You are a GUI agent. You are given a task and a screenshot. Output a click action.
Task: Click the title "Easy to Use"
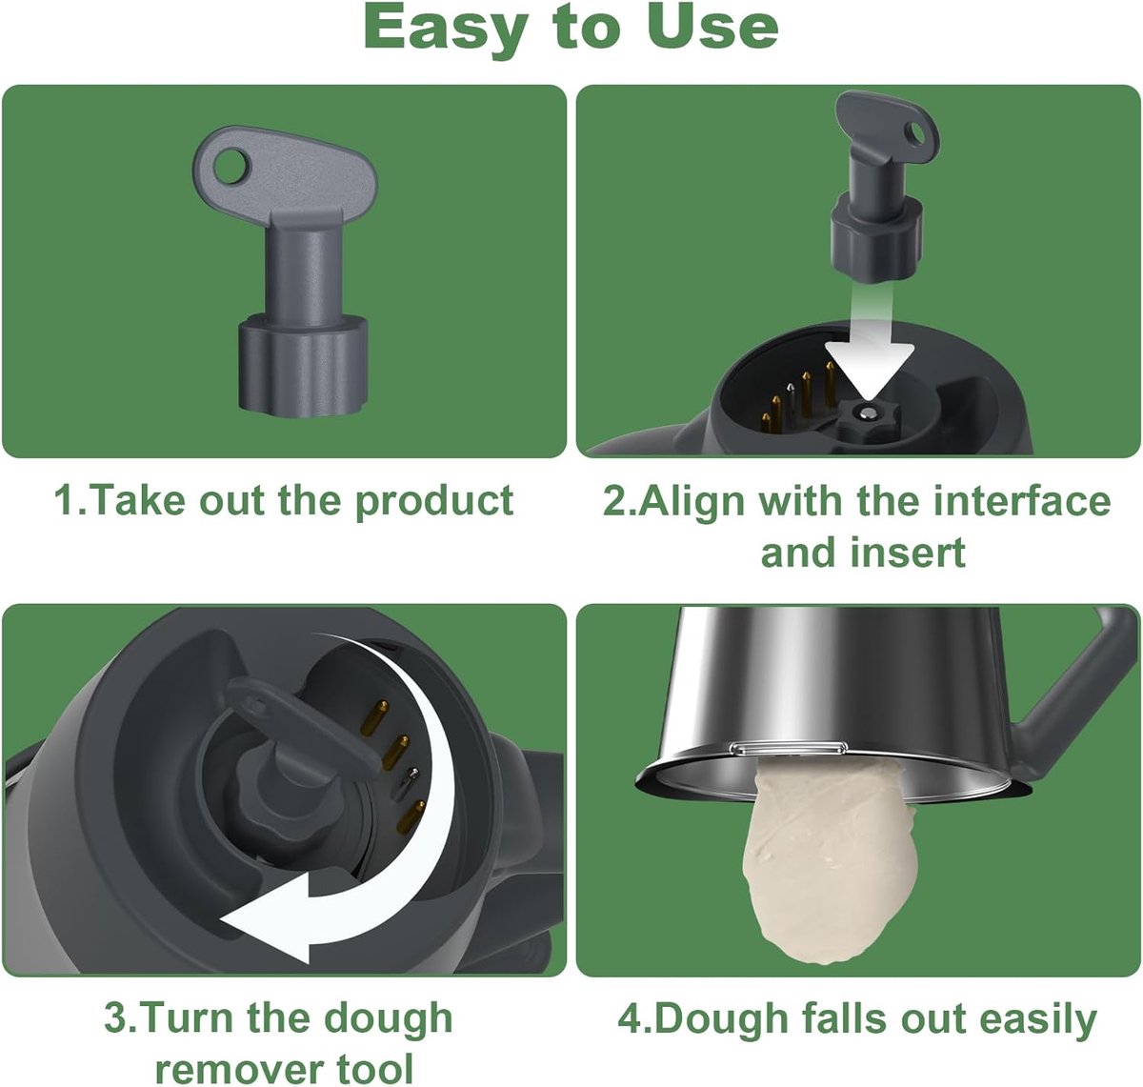pyautogui.click(x=571, y=28)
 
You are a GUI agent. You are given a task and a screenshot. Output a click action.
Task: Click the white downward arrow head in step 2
pyautogui.click(x=870, y=371)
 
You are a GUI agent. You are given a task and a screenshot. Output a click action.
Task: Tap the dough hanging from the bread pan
pyautogui.click(x=832, y=853)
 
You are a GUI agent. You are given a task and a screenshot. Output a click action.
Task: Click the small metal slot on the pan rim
pyautogui.click(x=789, y=748)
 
